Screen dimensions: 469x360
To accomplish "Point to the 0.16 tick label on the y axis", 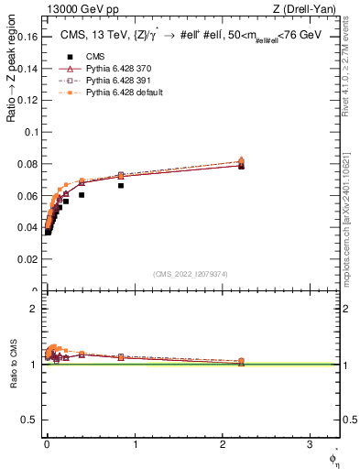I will tap(27, 37).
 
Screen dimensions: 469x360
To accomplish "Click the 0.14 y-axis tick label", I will tap(27, 69).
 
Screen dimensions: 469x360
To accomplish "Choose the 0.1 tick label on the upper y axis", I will tap(31, 132).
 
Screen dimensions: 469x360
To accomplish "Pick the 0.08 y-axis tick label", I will tap(27, 164).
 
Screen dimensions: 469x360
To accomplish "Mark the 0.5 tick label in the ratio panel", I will tap(31, 420).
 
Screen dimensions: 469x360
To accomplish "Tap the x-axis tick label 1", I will tap(135, 446).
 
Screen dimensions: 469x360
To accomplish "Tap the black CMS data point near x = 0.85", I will tap(121, 185).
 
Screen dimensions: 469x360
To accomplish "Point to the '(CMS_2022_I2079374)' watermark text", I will tap(191, 273).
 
